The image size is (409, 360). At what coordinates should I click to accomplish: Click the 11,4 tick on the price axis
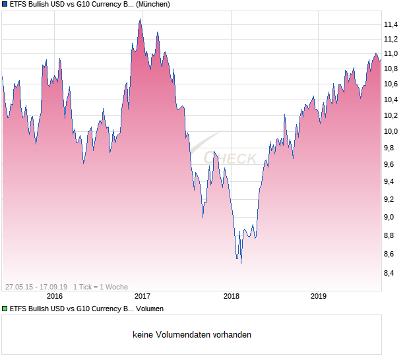[391, 25]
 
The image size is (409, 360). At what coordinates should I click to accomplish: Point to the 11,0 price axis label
[391, 53]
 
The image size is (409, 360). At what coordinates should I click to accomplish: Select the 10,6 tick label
[391, 84]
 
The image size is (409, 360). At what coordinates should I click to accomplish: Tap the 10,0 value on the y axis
[391, 131]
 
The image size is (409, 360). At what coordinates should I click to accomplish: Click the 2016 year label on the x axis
[54, 296]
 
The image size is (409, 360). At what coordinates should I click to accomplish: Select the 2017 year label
[142, 296]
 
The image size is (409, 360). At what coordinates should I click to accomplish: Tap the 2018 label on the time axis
[231, 296]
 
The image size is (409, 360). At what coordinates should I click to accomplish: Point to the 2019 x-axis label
[319, 296]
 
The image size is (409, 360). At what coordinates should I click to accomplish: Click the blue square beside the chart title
[5, 4]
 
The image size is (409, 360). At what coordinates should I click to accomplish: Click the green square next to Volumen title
[5, 309]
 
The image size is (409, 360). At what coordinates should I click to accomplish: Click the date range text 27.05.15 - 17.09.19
[36, 287]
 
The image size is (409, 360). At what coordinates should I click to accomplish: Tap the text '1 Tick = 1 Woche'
[100, 287]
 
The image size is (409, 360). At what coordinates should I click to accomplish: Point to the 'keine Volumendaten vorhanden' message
[192, 334]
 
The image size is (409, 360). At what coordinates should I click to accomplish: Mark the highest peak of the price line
[140, 19]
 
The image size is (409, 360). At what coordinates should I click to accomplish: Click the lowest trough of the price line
[241, 263]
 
